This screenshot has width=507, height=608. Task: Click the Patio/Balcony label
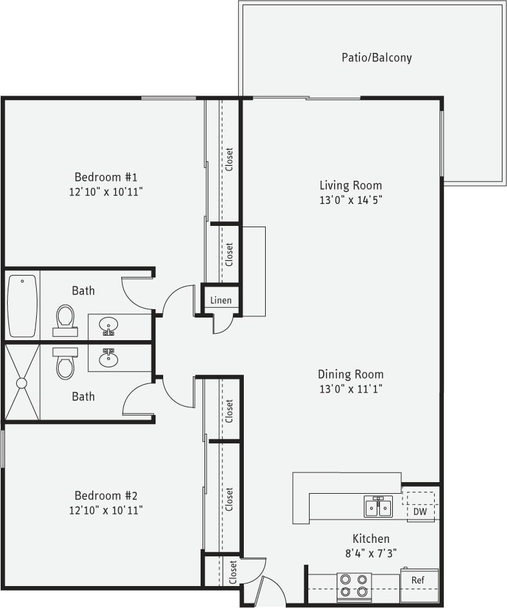click(376, 57)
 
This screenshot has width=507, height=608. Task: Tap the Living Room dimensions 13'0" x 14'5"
click(350, 200)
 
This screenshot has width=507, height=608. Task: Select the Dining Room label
click(350, 374)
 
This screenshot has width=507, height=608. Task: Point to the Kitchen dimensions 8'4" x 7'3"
click(370, 553)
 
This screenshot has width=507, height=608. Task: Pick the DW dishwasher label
click(419, 512)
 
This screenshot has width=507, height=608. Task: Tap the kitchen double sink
click(378, 507)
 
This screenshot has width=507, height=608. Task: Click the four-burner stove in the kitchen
click(354, 586)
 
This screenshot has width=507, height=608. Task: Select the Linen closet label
click(221, 301)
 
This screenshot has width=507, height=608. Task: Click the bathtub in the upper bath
click(22, 305)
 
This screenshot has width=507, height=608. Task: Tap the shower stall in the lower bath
click(22, 383)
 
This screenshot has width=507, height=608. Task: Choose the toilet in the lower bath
click(65, 363)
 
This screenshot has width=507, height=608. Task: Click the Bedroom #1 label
click(106, 177)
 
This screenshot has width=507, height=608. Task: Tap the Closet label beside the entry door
click(233, 572)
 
